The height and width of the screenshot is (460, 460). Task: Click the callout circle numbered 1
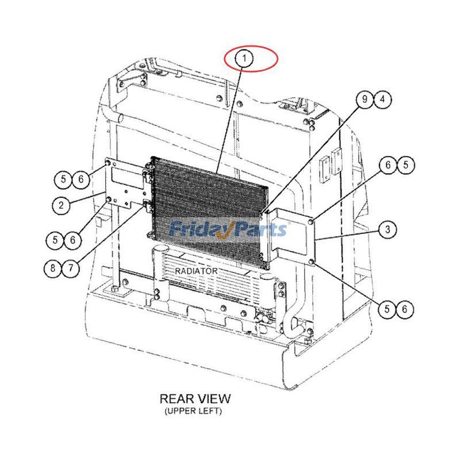(x=245, y=58)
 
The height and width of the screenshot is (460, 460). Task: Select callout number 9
(x=364, y=99)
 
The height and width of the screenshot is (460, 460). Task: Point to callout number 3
(x=388, y=230)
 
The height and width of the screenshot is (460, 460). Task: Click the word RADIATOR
(x=196, y=270)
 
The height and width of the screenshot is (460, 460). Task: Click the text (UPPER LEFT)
(x=193, y=411)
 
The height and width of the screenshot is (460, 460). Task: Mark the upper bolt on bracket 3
(x=311, y=221)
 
